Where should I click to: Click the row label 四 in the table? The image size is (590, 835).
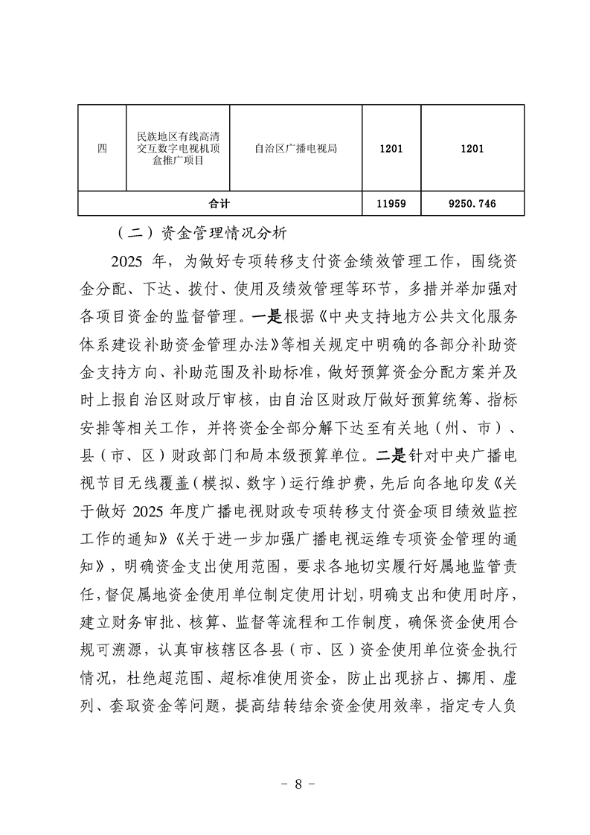[102, 149]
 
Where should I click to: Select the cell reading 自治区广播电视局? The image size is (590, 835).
[295, 149]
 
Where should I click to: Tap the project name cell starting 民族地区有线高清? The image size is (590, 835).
[178, 149]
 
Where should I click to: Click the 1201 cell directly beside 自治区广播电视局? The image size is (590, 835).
[391, 149]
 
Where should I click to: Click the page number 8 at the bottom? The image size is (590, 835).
[295, 785]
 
